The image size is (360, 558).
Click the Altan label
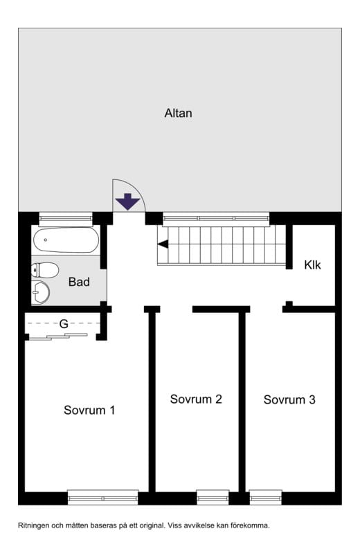[178, 113]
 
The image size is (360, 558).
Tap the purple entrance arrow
[127, 201]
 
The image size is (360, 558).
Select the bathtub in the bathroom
[66, 240]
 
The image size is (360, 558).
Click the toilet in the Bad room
[45, 270]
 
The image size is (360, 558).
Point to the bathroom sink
[40, 292]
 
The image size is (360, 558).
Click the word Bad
[79, 282]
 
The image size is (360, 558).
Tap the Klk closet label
[312, 264]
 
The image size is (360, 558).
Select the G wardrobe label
[64, 324]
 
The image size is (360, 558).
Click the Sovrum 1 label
[89, 410]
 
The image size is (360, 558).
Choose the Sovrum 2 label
[196, 399]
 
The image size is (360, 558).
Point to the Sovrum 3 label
[289, 399]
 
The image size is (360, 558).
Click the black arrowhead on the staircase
[163, 244]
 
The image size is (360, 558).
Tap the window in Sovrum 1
[102, 498]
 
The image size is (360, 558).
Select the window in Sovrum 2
[213, 498]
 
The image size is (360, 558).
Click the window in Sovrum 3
[266, 498]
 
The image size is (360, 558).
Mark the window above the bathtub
[66, 219]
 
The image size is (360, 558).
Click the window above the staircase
[216, 219]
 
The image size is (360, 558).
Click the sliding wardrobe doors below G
[58, 336]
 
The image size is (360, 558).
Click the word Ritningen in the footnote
[33, 525]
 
